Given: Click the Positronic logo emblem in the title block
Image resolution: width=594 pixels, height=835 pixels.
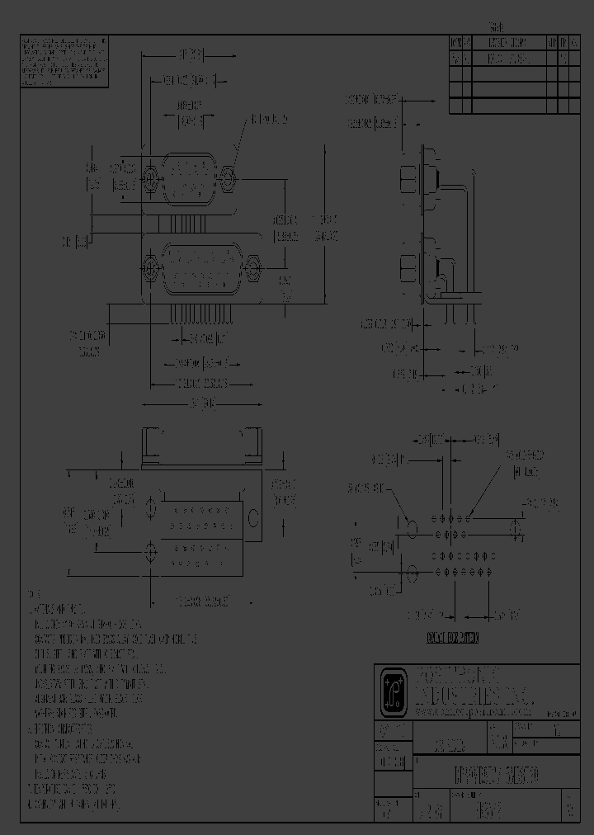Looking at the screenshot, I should click(x=392, y=691).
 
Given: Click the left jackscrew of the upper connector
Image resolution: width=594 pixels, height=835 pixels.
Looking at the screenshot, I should click(x=151, y=177).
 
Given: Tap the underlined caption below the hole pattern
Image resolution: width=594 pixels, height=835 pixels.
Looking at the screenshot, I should click(x=453, y=638).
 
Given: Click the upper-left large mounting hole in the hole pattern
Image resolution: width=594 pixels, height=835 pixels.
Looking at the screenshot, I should click(x=410, y=526).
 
